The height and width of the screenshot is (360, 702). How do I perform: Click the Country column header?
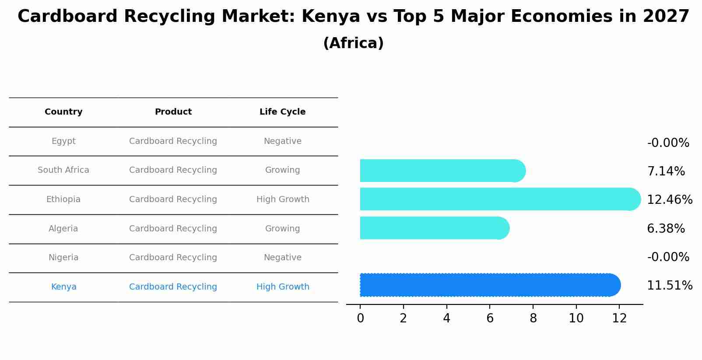[x=63, y=112]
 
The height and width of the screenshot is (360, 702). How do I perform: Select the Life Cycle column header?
[x=282, y=112]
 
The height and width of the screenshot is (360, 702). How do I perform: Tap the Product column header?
[x=173, y=112]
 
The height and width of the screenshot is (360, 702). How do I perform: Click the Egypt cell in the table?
[x=63, y=141]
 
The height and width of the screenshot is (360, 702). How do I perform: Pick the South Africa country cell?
[x=63, y=170]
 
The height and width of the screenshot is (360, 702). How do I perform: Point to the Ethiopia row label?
[x=63, y=199]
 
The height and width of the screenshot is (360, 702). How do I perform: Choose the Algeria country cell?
[x=63, y=229]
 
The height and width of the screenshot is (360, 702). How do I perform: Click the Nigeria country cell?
[x=63, y=258]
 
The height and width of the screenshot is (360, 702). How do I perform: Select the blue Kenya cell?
[x=63, y=287]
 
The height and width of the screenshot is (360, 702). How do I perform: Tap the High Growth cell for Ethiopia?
[x=283, y=199]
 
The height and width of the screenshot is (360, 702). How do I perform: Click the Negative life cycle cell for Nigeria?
[x=282, y=258]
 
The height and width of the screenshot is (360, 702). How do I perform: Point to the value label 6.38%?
[x=666, y=229]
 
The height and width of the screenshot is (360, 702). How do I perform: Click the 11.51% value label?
[x=670, y=286]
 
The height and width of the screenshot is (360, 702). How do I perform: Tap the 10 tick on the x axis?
[x=576, y=318]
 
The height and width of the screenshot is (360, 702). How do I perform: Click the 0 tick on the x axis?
[x=360, y=318]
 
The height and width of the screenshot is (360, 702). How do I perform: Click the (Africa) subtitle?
[x=353, y=43]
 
